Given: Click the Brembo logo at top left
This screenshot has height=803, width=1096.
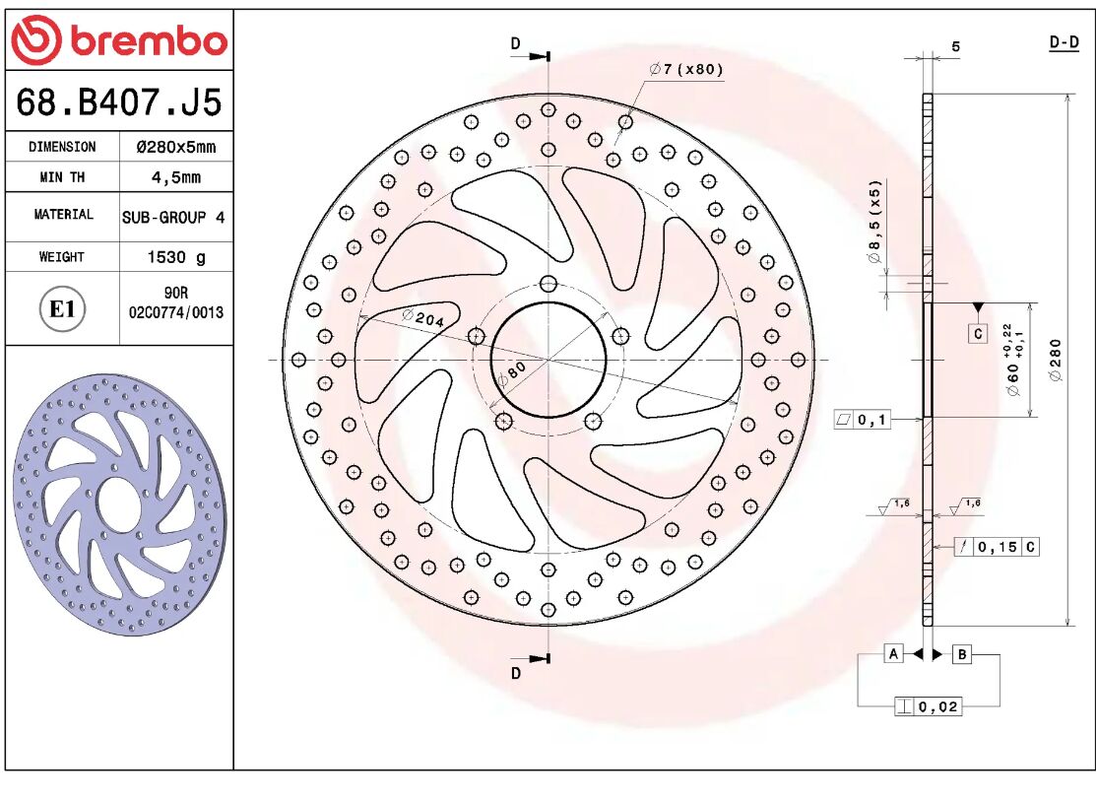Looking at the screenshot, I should click(x=118, y=40).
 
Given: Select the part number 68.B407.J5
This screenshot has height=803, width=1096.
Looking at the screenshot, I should click(x=119, y=101).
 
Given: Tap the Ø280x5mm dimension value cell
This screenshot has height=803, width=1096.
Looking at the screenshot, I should click(x=175, y=147).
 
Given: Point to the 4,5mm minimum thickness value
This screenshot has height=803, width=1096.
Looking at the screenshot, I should click(x=175, y=177).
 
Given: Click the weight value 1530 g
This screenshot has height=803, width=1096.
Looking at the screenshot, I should click(x=176, y=257).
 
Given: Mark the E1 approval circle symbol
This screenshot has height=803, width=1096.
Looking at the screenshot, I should click(x=62, y=309).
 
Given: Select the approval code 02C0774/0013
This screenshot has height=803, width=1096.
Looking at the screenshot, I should click(x=176, y=312).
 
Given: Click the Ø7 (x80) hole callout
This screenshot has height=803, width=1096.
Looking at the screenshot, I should click(x=685, y=69).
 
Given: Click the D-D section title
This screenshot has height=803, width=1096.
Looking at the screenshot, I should click(x=1063, y=42).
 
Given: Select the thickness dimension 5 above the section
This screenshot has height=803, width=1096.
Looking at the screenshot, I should click(x=955, y=46).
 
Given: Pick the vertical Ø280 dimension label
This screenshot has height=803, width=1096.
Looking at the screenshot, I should click(x=1056, y=362).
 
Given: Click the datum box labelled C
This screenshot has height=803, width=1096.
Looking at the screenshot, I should click(x=977, y=334).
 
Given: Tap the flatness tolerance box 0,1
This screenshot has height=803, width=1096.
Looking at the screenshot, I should click(x=863, y=420).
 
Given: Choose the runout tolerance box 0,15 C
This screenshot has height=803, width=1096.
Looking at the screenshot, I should click(x=997, y=547).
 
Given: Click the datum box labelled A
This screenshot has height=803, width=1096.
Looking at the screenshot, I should click(x=893, y=654).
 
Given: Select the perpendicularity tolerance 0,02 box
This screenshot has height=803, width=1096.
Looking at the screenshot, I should click(x=928, y=706).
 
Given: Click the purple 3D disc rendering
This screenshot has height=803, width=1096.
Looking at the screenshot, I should click(x=118, y=502).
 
